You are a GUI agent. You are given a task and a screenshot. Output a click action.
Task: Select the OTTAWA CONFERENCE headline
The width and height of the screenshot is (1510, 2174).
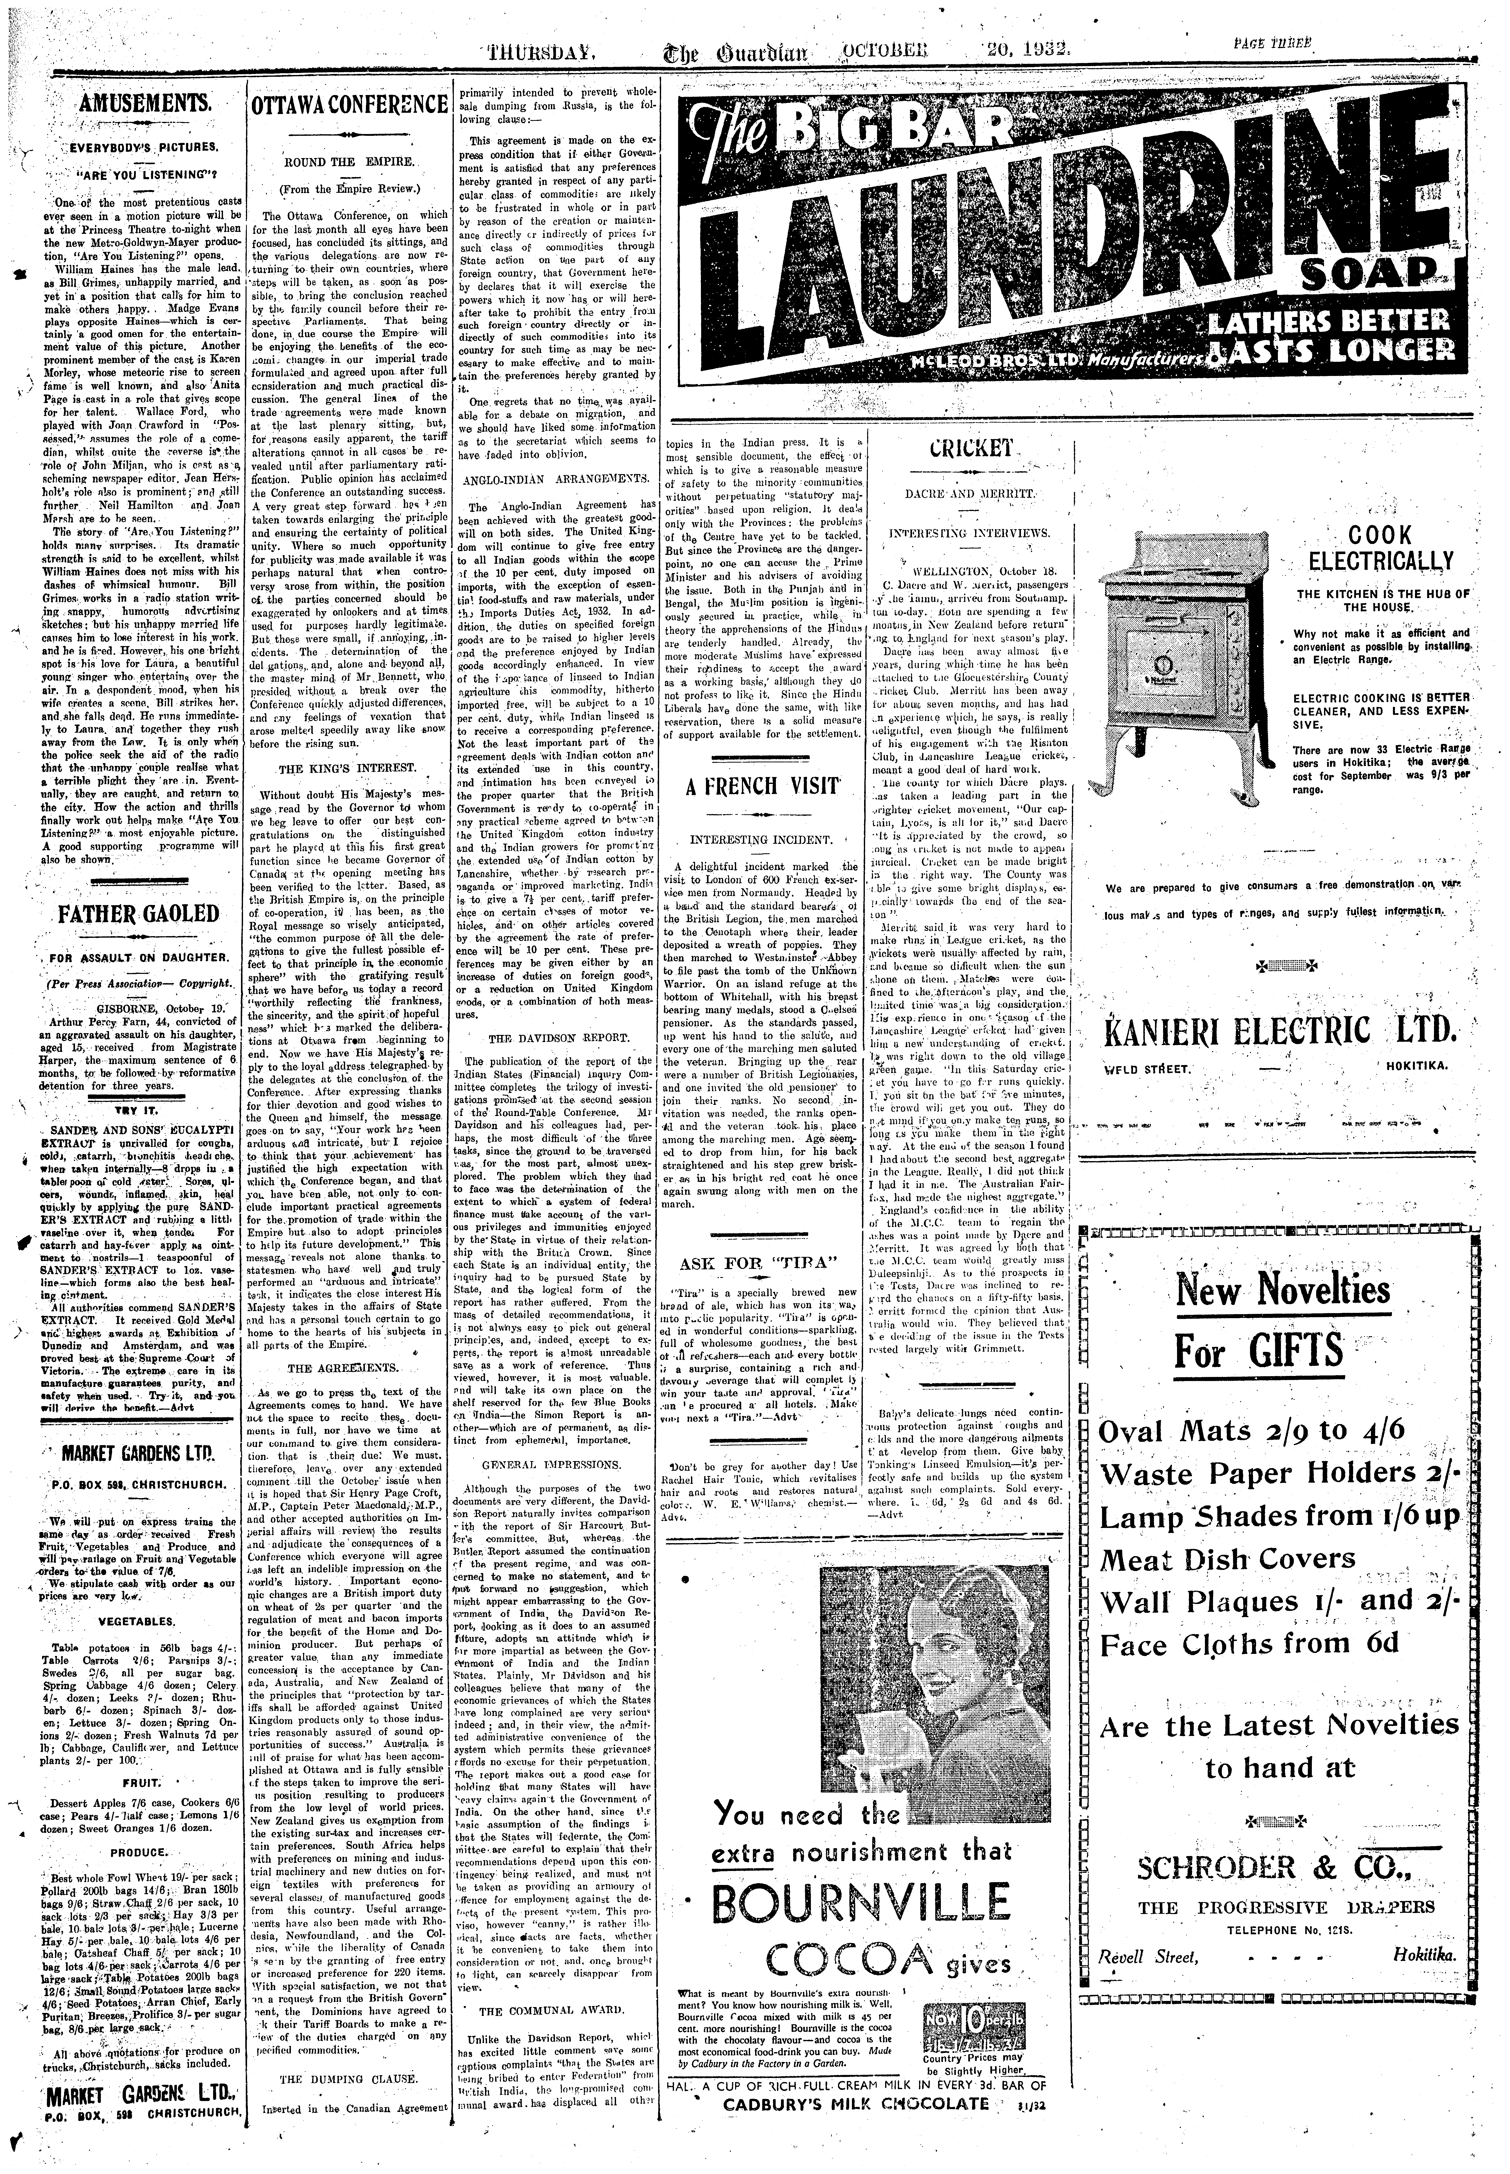[x=347, y=105]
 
